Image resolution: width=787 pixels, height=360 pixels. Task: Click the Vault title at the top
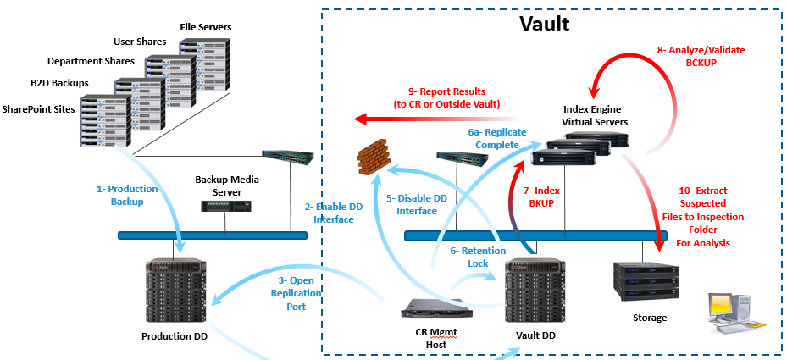pyautogui.click(x=544, y=24)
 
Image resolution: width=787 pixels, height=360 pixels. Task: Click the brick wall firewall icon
pyautogui.click(x=372, y=157)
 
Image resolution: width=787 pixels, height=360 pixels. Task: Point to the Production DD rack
pyautogui.click(x=175, y=287)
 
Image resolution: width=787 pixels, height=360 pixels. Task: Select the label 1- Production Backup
pyautogui.click(x=121, y=196)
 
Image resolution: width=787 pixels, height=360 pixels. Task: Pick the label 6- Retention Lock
pyautogui.click(x=478, y=257)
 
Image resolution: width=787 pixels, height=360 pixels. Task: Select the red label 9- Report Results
pyautogui.click(x=446, y=97)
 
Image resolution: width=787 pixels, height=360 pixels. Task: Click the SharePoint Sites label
pyautogui.click(x=39, y=109)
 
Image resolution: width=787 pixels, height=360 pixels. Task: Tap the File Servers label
pyautogui.click(x=205, y=27)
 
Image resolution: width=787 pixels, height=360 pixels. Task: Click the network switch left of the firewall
pyautogui.click(x=288, y=156)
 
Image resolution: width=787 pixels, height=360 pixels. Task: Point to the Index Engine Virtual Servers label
pyautogui.click(x=596, y=116)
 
